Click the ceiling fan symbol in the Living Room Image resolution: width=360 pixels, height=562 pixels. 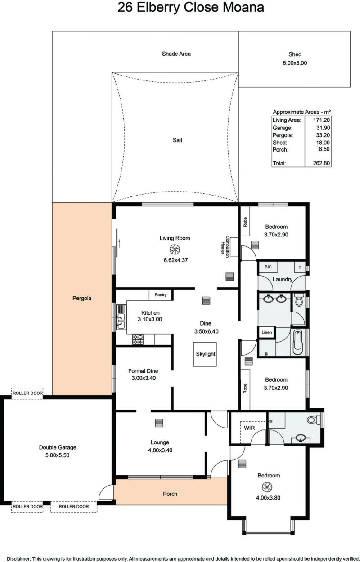(x=175, y=250)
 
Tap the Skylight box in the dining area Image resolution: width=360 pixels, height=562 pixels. (x=205, y=354)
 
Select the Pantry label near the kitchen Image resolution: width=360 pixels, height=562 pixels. (x=160, y=295)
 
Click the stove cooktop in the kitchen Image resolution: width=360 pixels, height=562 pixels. (x=138, y=339)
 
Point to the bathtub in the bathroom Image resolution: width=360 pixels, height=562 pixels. (x=298, y=343)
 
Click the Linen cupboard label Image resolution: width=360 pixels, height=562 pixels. (x=266, y=332)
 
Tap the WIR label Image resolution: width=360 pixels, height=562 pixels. (x=249, y=428)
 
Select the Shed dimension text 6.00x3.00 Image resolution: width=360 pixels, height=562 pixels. (x=295, y=63)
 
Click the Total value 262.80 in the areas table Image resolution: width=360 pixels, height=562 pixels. (x=321, y=163)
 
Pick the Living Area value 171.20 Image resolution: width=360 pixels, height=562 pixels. (x=321, y=120)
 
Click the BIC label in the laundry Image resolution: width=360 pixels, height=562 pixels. (x=268, y=267)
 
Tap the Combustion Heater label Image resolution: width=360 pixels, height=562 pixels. (x=225, y=247)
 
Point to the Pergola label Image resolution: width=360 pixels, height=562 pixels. (x=82, y=299)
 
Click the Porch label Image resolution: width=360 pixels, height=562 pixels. (x=170, y=494)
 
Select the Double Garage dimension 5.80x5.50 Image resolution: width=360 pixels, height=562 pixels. (x=57, y=455)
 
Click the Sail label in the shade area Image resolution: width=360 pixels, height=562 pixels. (x=177, y=140)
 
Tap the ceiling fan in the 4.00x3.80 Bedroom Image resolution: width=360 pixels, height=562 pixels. (x=267, y=487)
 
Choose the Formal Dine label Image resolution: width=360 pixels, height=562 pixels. (x=143, y=371)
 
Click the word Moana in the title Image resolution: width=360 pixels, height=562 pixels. (x=243, y=7)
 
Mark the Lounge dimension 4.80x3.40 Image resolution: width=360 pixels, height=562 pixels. (x=160, y=450)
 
